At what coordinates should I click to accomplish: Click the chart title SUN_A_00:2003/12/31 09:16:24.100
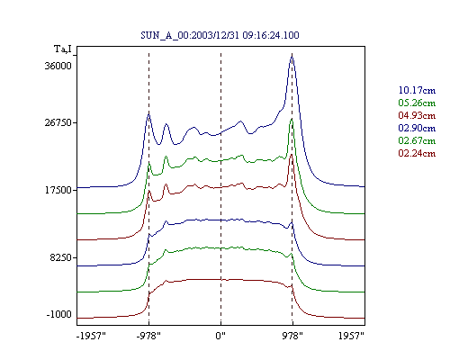coord(220,35)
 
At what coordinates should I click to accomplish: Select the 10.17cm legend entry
coord(417,90)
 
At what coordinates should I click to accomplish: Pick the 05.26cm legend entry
coord(417,103)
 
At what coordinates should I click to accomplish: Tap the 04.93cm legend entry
coord(417,115)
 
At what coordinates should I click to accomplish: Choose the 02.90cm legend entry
coord(417,128)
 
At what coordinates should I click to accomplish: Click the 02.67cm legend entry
coord(417,140)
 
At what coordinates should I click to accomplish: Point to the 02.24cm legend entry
coord(417,153)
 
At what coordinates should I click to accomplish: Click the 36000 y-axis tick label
coord(58,66)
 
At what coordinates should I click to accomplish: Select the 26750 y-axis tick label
coord(58,122)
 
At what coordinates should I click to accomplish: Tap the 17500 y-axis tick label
coord(58,190)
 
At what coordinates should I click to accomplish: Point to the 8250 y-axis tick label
coord(61,257)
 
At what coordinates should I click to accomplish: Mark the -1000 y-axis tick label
coord(59,314)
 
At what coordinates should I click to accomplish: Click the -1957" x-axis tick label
coord(91,336)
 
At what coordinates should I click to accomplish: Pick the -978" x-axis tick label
coord(148,336)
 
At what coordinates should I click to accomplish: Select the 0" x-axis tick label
coord(220,336)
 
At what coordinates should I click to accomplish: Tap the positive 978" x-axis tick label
coord(292,336)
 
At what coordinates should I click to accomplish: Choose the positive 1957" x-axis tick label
coord(351,336)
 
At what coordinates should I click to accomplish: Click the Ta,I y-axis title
coord(63,49)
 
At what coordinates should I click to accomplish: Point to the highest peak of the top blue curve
coord(292,56)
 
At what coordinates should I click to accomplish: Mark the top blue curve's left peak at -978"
coord(148,113)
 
